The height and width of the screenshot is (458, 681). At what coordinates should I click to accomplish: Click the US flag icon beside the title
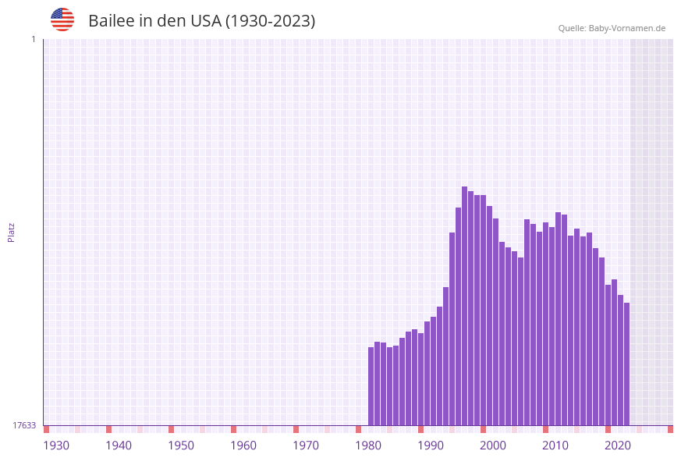pos(62,20)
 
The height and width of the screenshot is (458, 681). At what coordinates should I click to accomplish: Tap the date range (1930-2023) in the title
pos(270,21)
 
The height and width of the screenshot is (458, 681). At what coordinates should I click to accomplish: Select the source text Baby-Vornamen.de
pos(626,28)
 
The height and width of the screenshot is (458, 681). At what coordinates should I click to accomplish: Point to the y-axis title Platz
pos(11,232)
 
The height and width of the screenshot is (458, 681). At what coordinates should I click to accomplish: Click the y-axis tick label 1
pos(33,39)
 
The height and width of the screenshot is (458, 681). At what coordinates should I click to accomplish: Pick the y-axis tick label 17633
pos(24,425)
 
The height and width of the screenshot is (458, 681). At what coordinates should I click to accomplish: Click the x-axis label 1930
pos(56,446)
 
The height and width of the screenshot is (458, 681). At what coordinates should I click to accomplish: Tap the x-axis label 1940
pos(119,446)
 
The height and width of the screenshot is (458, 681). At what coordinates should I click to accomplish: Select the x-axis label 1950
pos(181,446)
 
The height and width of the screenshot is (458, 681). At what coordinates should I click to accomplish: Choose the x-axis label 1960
pos(243,446)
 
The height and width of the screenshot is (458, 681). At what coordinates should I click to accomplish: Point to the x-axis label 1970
pos(306,446)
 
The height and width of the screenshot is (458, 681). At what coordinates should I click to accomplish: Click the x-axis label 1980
pos(368,446)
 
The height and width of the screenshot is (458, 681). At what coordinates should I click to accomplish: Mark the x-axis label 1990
pos(431,446)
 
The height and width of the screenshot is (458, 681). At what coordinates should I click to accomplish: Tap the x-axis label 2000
pos(493,446)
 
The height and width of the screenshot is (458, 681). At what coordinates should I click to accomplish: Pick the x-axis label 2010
pos(555,446)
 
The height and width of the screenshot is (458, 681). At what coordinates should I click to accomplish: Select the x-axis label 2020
pos(618,446)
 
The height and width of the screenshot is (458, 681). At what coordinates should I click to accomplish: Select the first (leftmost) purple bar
pos(371,386)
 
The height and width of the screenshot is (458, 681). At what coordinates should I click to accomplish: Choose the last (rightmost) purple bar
pos(626,364)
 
